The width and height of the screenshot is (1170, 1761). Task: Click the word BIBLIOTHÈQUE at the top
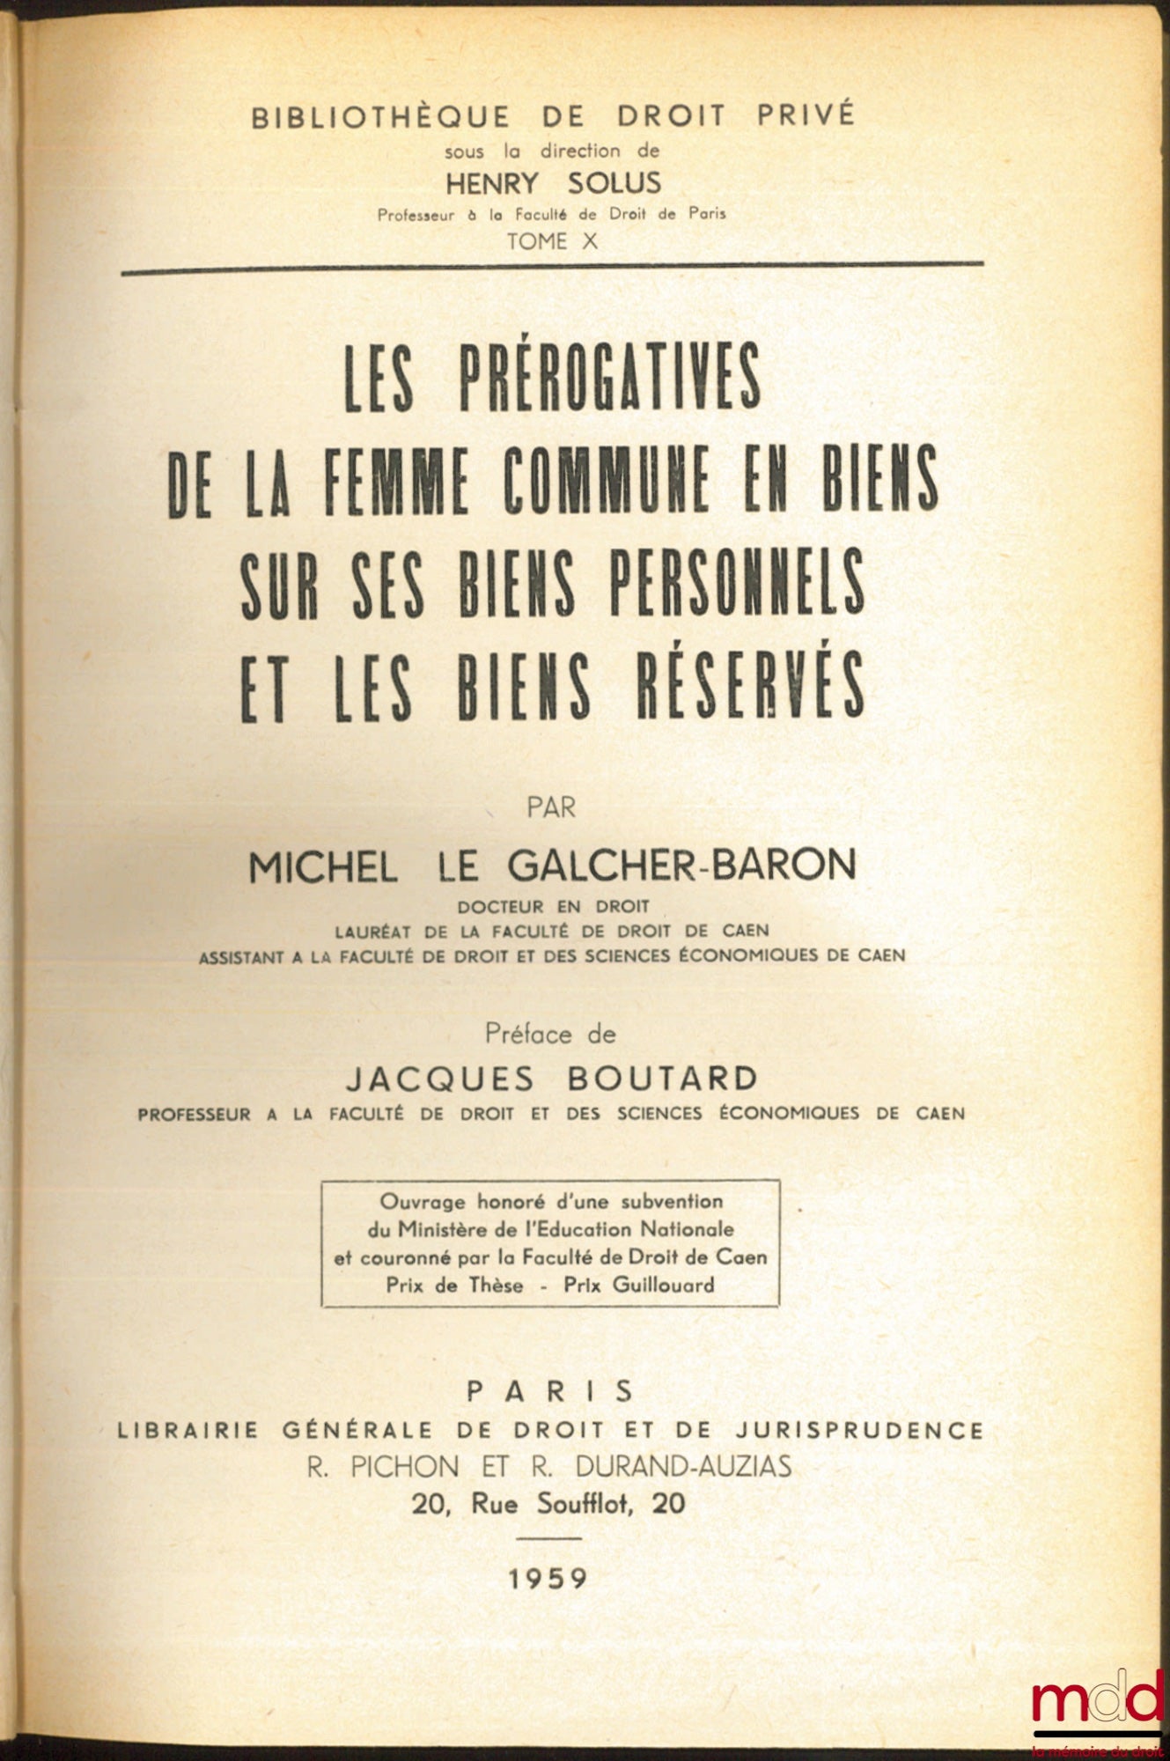click(x=380, y=117)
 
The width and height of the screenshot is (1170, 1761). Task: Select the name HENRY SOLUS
click(x=553, y=183)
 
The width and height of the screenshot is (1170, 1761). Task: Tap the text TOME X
click(x=552, y=241)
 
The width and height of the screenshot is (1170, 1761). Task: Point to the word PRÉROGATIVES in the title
click(x=609, y=376)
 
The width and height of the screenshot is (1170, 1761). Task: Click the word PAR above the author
click(x=551, y=807)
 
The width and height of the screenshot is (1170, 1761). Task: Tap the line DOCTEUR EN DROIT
click(x=553, y=906)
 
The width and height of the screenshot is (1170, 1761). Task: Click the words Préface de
click(x=550, y=1034)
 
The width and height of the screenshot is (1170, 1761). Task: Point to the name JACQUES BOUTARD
click(x=552, y=1078)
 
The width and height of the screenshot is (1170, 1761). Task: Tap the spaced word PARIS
click(x=550, y=1391)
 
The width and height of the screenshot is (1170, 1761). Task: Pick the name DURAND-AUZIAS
click(x=683, y=1466)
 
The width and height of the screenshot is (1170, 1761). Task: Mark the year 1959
click(x=548, y=1579)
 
